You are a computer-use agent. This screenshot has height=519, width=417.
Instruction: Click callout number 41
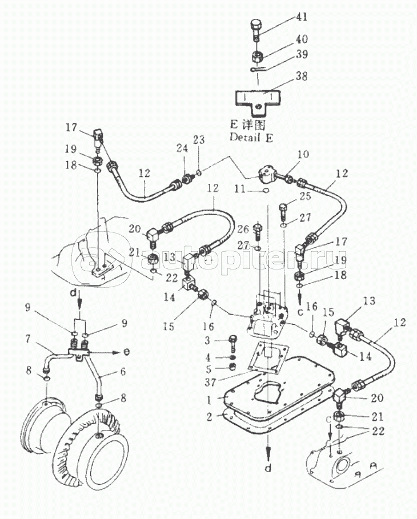[300, 17]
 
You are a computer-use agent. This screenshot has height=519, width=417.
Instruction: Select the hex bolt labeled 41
[256, 31]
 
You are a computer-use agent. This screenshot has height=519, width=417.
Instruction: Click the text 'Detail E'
[251, 138]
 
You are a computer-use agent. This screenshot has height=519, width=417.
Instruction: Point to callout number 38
[301, 76]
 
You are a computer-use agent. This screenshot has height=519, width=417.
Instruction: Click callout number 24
[182, 148]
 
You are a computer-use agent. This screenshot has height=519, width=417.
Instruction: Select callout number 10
[302, 154]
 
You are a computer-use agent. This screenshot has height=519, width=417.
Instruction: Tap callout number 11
[239, 190]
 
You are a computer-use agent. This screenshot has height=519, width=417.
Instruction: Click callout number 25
[304, 196]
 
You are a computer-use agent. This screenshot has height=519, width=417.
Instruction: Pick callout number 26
[243, 228]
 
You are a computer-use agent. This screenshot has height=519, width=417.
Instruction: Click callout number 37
[210, 383]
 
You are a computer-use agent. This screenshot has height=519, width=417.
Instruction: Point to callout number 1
[209, 400]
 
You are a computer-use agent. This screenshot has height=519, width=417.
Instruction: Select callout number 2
[209, 417]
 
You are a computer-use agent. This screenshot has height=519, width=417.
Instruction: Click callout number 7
[28, 339]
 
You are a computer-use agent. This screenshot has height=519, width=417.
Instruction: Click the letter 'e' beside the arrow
[126, 352]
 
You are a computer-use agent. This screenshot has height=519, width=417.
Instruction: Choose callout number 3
[208, 340]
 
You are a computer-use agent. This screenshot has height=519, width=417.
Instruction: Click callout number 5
[209, 368]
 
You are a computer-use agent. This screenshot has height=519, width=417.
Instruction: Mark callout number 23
[199, 140]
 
